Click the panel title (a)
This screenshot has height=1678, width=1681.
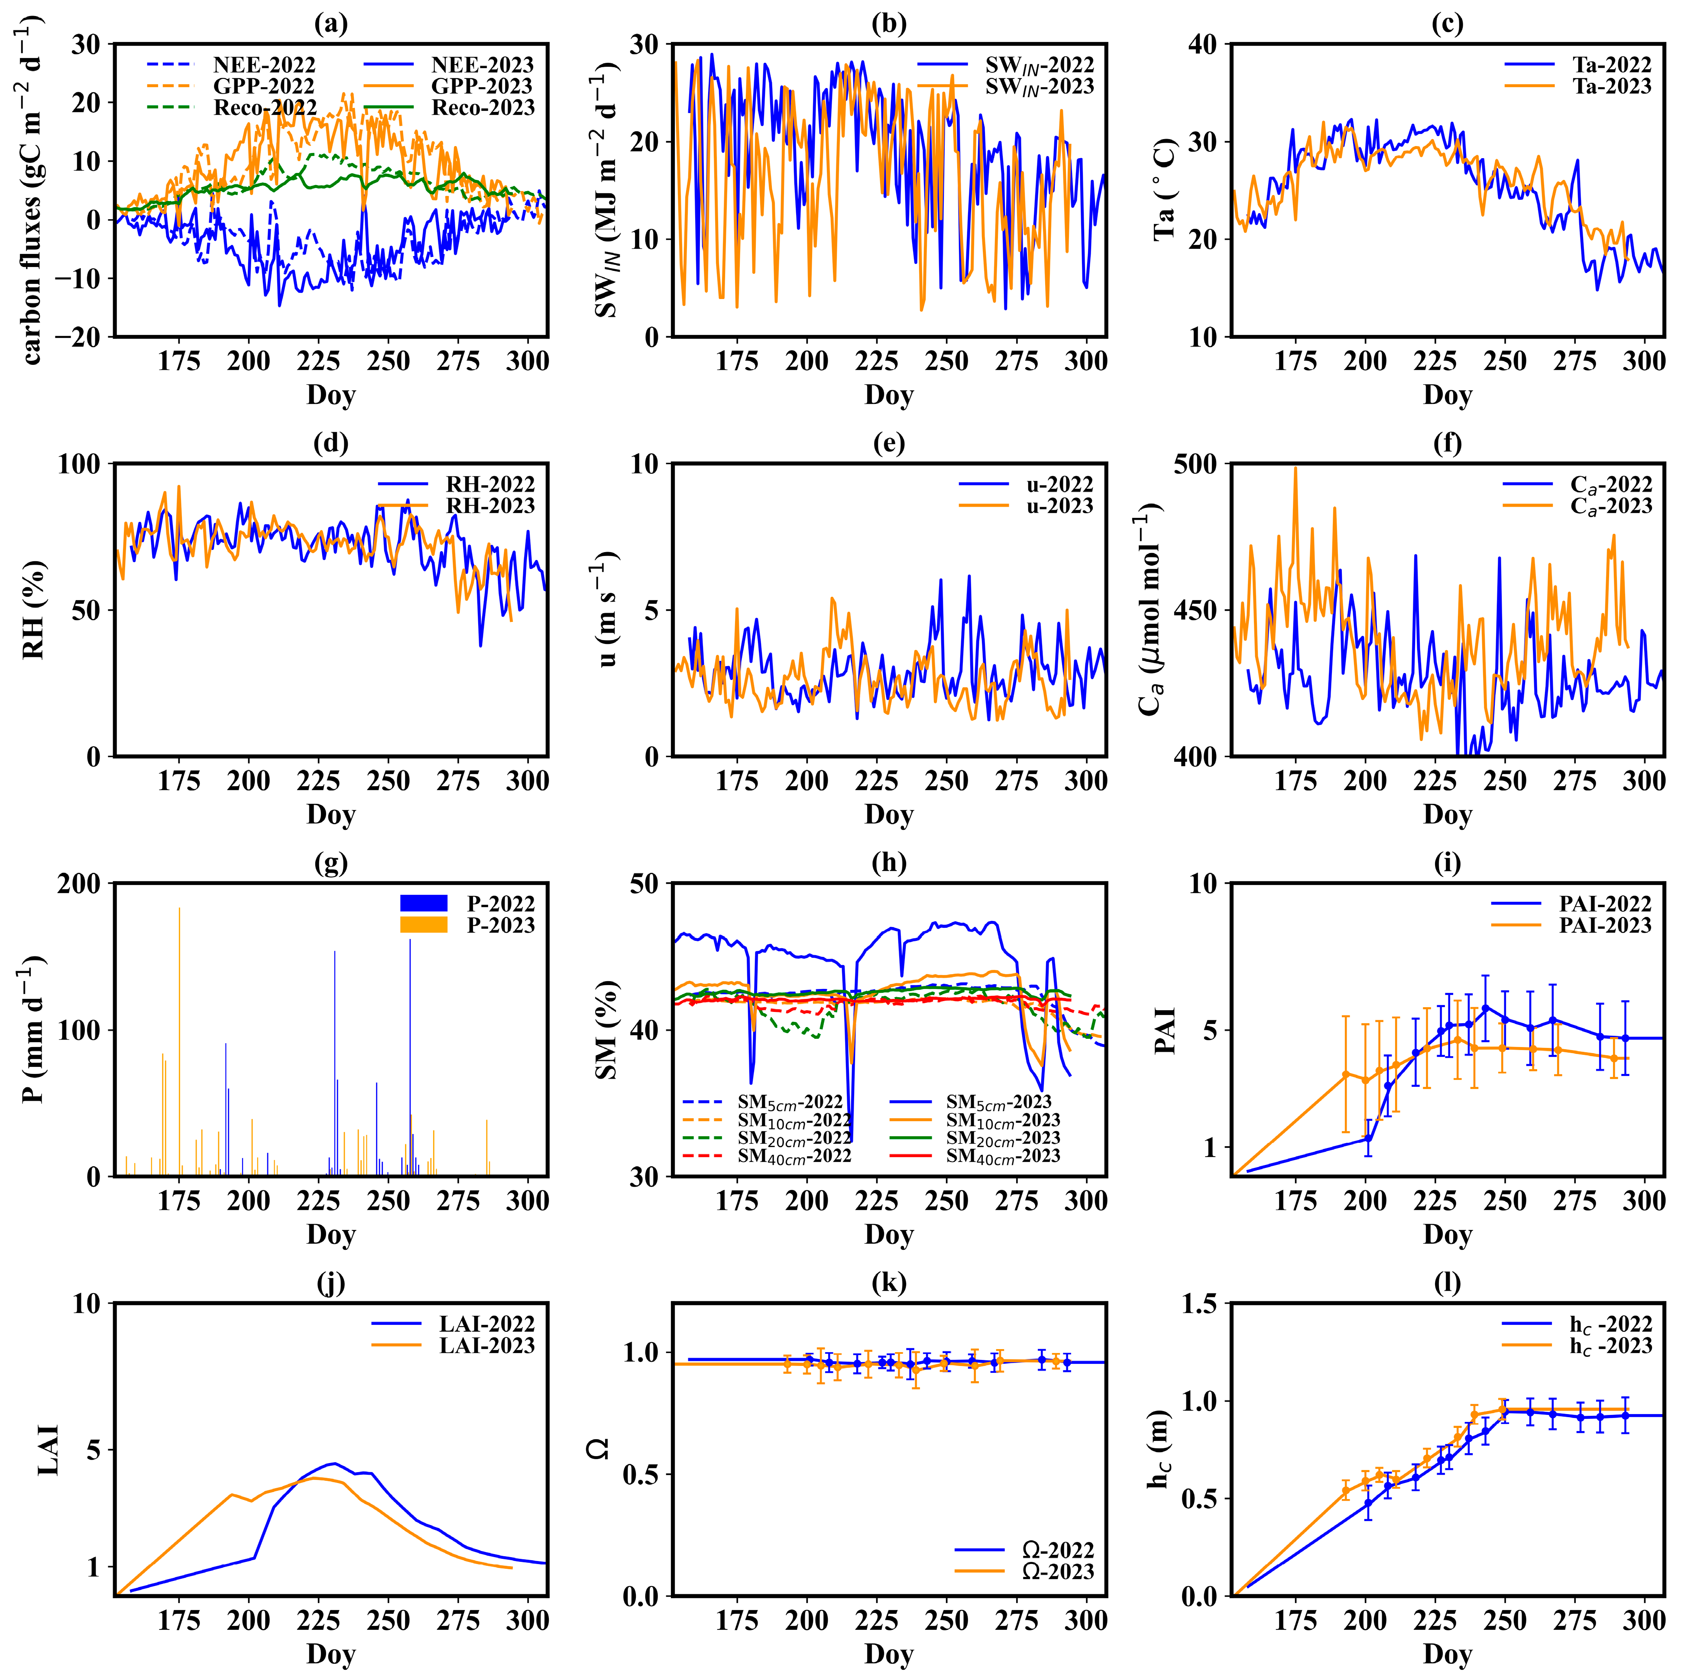click(330, 23)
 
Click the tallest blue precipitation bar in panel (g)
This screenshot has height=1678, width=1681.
click(410, 940)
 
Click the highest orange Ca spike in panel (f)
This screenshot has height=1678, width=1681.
click(1295, 468)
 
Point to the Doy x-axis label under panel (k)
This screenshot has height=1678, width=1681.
click(888, 1654)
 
